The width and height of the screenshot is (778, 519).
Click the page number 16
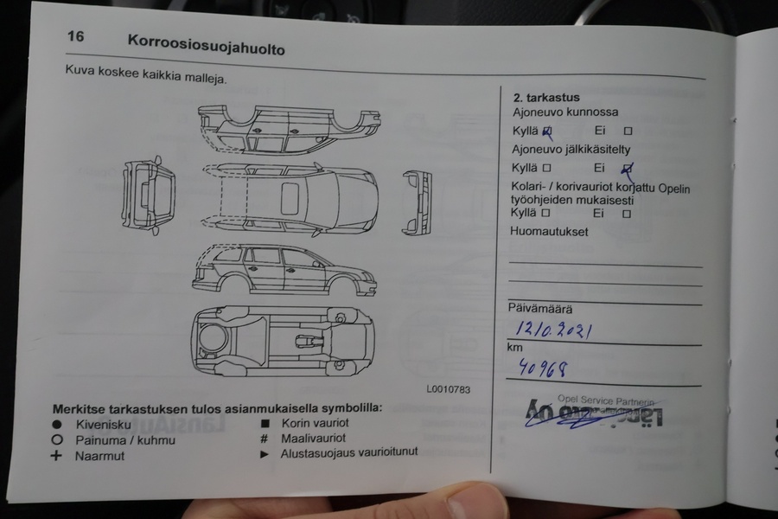click(76, 37)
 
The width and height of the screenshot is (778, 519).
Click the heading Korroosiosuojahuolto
click(206, 44)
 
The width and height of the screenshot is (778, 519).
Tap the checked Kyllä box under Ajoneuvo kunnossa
click(546, 131)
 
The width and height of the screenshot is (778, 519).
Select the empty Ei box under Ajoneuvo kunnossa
click(628, 131)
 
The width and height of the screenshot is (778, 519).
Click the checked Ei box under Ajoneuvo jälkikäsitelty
click(628, 169)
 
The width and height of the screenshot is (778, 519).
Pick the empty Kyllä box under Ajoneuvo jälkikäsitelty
click(546, 168)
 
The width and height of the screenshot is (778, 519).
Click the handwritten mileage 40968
click(543, 369)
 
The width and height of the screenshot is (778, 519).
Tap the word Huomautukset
click(550, 232)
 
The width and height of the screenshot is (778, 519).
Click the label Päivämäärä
click(539, 308)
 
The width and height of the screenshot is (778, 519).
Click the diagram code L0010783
click(448, 389)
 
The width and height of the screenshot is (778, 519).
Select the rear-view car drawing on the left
click(148, 195)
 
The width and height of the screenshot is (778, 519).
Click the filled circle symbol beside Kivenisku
click(57, 425)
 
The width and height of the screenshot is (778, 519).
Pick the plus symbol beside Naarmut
click(57, 456)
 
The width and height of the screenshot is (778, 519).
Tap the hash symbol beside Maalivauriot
click(265, 439)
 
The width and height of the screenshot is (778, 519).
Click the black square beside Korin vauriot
click(265, 423)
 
